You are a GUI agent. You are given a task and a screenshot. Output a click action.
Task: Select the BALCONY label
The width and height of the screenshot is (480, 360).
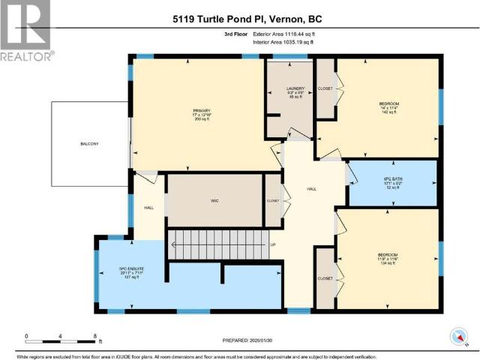pyautogui.click(x=90, y=143)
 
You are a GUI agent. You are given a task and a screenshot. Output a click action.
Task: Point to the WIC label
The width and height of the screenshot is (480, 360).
pyautogui.click(x=214, y=201)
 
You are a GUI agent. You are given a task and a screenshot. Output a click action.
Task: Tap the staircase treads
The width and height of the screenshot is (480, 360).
pyautogui.click(x=217, y=243)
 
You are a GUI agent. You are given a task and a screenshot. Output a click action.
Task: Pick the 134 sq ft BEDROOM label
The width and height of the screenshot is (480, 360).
pyautogui.click(x=387, y=259)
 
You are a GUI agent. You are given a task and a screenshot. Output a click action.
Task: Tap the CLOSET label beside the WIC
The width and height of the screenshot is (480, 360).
pyautogui.click(x=272, y=201)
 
